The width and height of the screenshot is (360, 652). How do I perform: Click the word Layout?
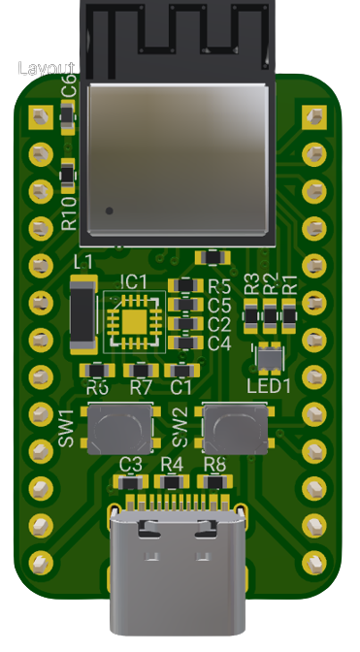click(x=46, y=69)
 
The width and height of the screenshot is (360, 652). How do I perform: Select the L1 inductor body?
click(x=83, y=316)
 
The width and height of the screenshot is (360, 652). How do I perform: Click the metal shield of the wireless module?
click(x=177, y=159)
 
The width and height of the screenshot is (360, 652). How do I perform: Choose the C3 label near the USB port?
click(x=131, y=464)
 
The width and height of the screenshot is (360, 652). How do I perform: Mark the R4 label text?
click(x=172, y=464)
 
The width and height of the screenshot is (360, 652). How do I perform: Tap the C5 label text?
click(x=218, y=305)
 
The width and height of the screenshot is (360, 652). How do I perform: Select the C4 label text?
click(x=218, y=342)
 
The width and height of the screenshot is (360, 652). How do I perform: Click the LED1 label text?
click(x=269, y=386)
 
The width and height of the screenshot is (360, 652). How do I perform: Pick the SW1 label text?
click(x=67, y=428)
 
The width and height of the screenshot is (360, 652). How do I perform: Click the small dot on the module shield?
click(x=110, y=210)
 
